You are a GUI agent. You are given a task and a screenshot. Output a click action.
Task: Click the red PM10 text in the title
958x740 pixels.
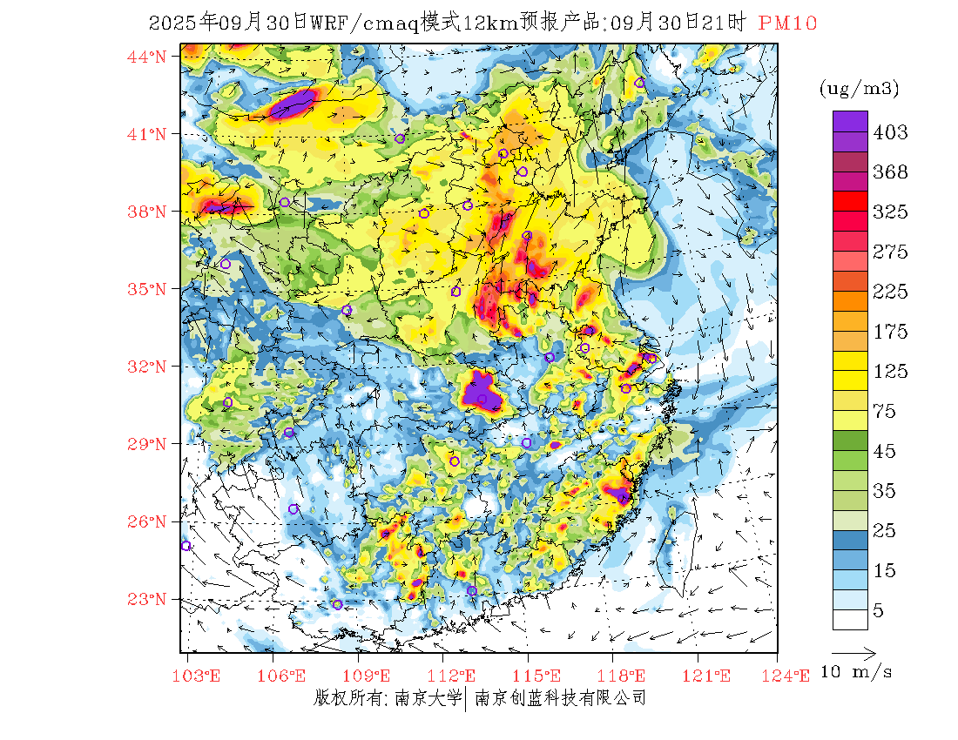tap(787, 24)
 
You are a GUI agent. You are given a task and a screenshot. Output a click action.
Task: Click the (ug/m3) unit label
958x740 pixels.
tap(859, 88)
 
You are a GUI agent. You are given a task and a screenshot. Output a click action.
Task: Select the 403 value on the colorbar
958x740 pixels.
tap(890, 132)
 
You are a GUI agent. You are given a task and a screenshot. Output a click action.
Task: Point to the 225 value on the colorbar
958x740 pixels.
tap(890, 292)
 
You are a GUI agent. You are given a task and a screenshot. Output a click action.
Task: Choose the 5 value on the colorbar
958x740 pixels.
tap(879, 610)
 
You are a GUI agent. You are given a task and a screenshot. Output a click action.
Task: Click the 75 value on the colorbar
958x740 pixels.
tap(885, 412)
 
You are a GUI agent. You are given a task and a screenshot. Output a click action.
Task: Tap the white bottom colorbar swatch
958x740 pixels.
tap(850, 619)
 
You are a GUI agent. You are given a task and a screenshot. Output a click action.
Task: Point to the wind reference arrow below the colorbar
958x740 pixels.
tap(853, 651)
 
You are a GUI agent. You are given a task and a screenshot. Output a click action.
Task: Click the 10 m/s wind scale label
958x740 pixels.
tap(857, 672)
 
